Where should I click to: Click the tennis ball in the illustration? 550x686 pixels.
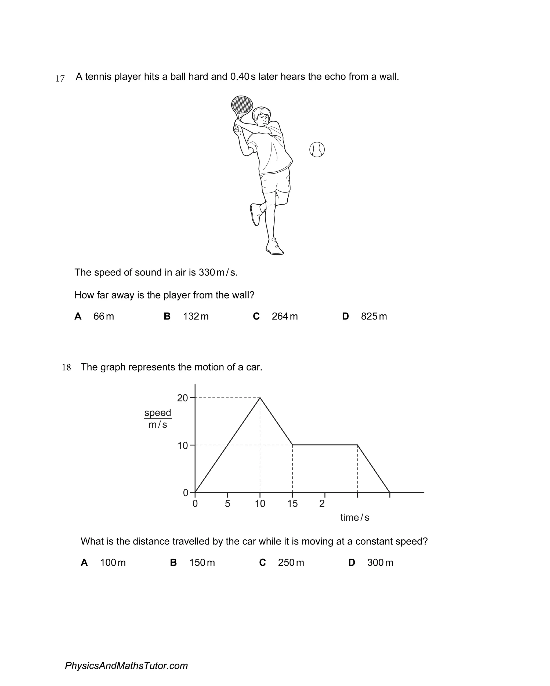coord(317,149)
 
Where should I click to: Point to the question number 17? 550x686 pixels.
coord(60,78)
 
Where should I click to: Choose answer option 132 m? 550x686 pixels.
coord(196,316)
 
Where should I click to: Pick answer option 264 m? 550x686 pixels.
coord(285,316)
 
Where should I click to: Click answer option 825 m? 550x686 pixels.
coord(374,316)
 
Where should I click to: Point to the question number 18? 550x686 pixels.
coord(66,368)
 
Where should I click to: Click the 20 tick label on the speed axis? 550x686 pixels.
coord(182,398)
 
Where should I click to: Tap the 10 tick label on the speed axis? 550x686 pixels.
coord(183,445)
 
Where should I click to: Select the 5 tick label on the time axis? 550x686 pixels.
coord(227,504)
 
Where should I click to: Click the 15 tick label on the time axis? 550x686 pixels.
coord(292,504)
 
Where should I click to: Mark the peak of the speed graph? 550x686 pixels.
coord(260,398)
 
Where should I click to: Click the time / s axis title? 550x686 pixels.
coord(354,517)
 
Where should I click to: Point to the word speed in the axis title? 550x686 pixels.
coord(158,413)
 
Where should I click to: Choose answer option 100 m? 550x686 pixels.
coord(113,562)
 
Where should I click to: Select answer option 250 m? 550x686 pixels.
coord(291,562)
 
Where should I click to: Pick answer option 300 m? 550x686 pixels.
coord(380,562)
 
